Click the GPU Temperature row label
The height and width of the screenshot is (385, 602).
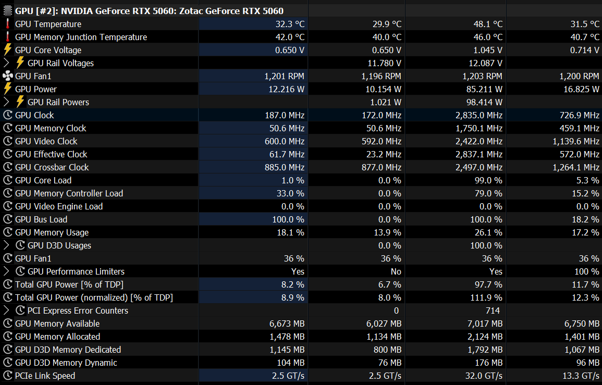point(48,24)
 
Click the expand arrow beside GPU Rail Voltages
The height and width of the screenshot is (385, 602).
point(6,63)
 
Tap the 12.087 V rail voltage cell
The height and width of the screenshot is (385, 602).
point(486,63)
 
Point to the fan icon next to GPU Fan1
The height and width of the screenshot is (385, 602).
point(7,76)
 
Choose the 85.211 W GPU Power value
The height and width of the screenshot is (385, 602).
point(485,89)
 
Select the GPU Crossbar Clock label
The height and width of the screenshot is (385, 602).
point(52,167)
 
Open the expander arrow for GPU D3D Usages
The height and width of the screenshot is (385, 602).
point(6,245)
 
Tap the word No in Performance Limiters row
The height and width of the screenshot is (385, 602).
point(396,271)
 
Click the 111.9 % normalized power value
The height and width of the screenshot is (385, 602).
point(487,297)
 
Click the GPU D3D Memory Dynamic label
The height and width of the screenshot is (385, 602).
point(66,363)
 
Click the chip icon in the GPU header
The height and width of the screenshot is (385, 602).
point(7,11)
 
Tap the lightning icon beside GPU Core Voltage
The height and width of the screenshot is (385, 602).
point(7,50)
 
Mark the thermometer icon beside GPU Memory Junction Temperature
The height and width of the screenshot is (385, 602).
point(7,37)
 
